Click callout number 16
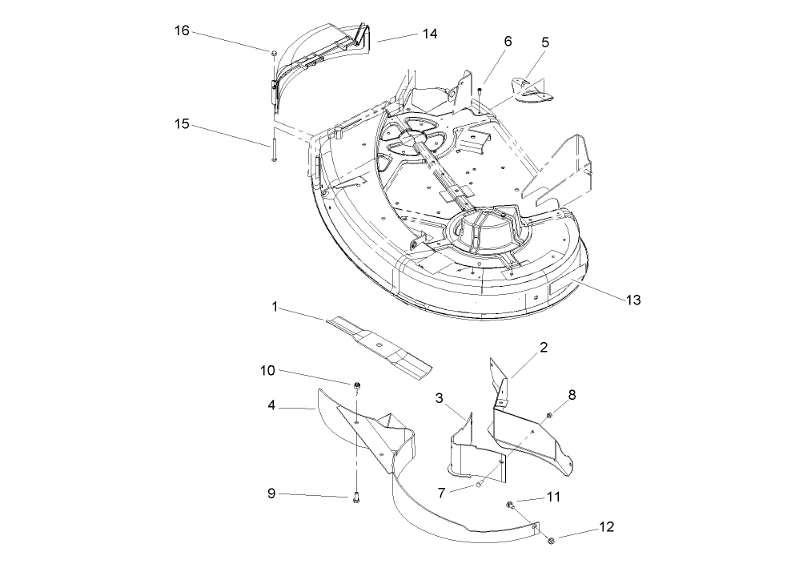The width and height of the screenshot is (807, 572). (x=182, y=31)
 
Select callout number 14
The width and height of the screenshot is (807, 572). (x=430, y=34)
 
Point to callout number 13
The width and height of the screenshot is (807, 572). (x=632, y=300)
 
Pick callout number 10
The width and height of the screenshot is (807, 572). (x=267, y=370)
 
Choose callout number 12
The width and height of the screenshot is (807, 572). (x=606, y=528)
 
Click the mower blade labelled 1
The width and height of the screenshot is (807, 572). (x=376, y=346)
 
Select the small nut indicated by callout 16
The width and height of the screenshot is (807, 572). (x=274, y=53)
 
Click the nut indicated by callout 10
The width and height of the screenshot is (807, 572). (x=356, y=388)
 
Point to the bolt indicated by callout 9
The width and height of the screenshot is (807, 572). (x=356, y=498)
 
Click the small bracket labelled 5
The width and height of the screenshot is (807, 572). (x=532, y=90)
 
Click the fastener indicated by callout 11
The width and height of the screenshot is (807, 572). (x=509, y=505)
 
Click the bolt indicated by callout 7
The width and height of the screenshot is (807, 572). (x=479, y=483)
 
